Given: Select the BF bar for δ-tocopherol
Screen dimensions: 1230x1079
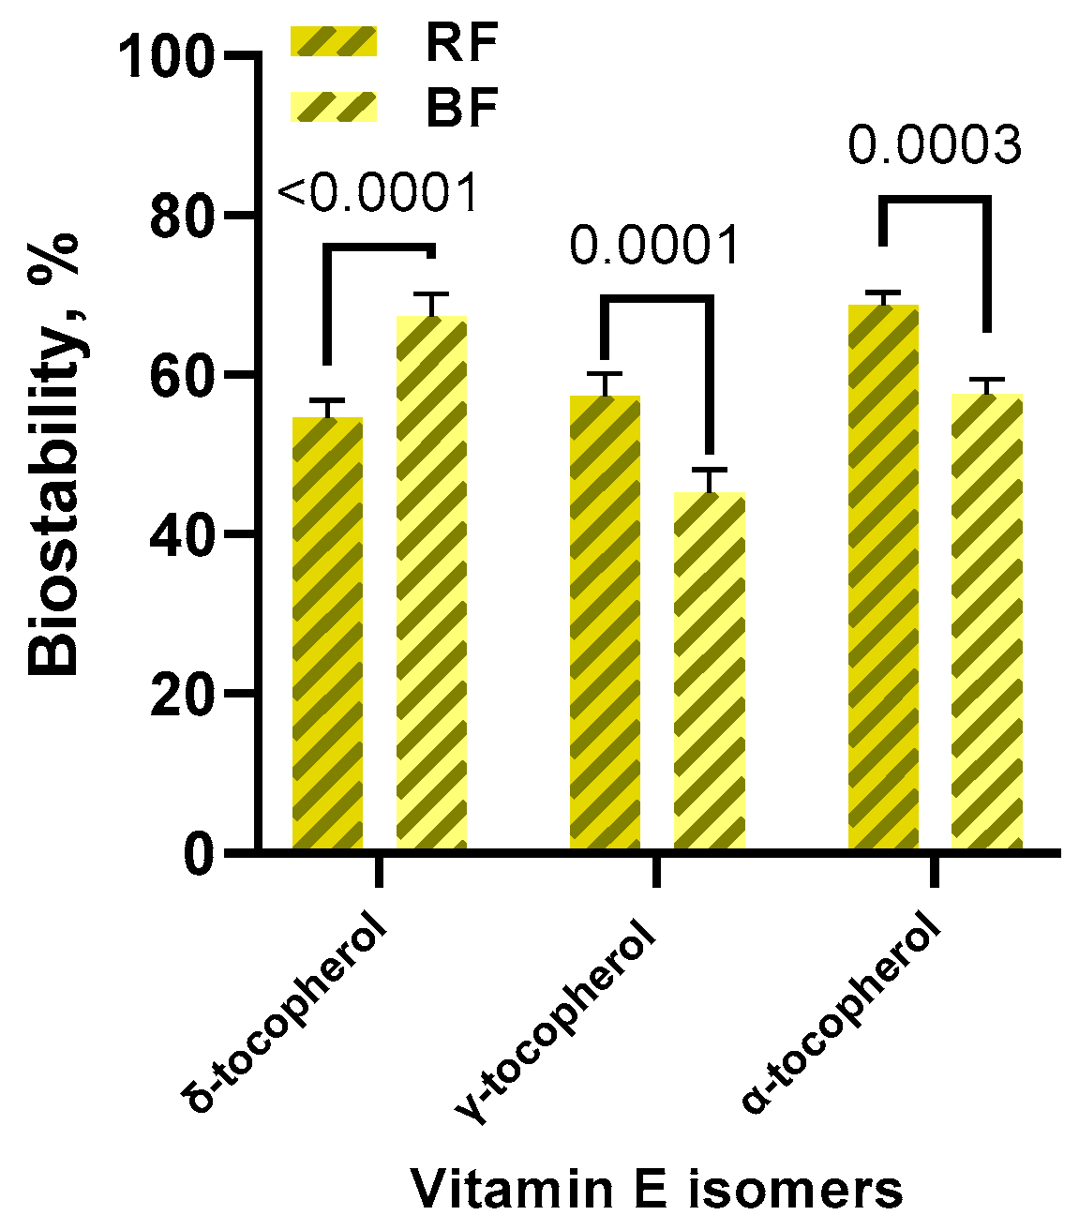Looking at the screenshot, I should point(431,583).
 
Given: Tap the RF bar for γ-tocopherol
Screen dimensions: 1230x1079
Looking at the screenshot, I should point(605,622).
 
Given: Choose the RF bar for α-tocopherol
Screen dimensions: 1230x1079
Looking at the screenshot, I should point(883,577).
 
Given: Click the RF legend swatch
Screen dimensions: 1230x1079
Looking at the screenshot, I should point(334,42).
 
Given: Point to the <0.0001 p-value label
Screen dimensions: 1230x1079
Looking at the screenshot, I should point(379,194).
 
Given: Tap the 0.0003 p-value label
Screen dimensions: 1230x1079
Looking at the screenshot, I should point(935,146).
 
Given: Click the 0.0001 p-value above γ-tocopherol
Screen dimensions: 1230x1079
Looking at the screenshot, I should point(655,247).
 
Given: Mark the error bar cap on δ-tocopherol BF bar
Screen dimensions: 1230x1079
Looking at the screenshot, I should point(431,294).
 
